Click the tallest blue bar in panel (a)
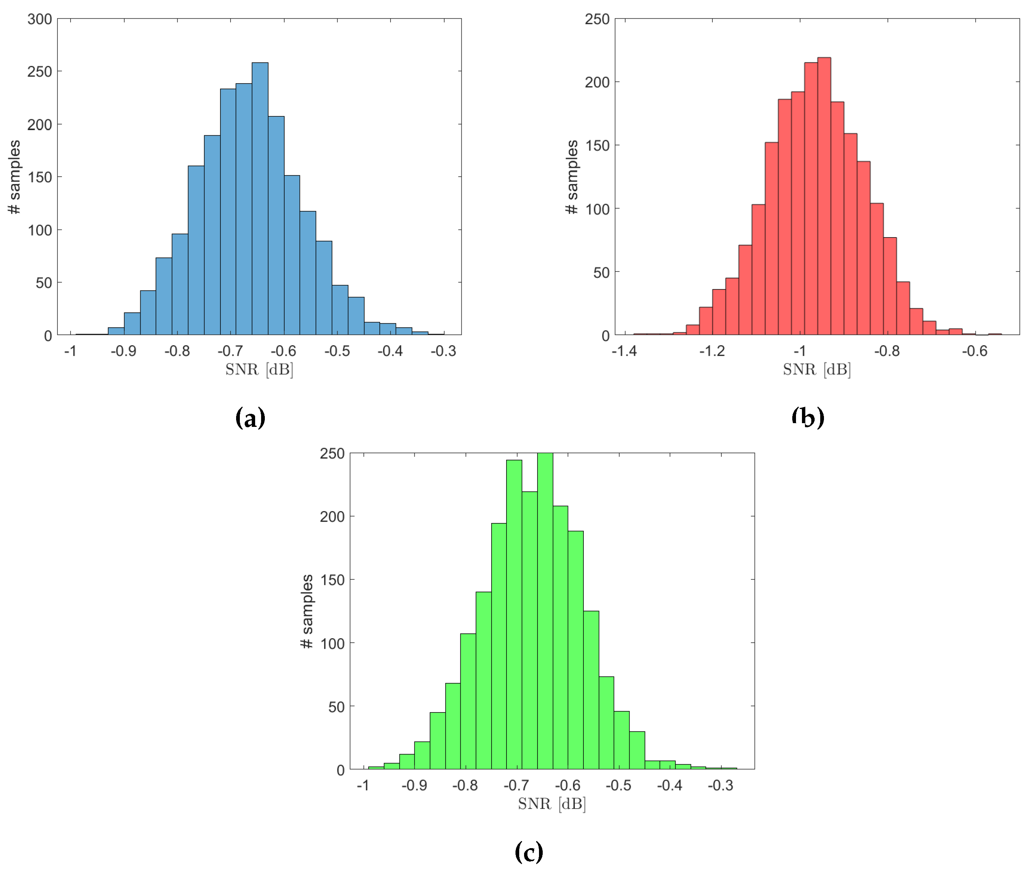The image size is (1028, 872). click(260, 198)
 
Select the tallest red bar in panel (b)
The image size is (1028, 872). click(824, 198)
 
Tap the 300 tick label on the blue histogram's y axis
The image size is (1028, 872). click(40, 19)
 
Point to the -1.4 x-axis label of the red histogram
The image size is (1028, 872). click(624, 351)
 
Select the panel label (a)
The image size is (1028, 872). click(250, 418)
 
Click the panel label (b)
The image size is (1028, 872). click(808, 418)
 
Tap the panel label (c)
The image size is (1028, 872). click(529, 851)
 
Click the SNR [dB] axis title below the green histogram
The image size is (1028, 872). click(551, 804)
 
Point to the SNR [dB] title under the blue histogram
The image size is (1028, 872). click(259, 369)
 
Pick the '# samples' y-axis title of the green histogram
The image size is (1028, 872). click(307, 611)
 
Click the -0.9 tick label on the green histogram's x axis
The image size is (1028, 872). click(414, 786)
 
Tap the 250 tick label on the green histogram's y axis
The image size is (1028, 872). click(332, 454)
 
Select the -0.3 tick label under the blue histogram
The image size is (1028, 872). click(443, 351)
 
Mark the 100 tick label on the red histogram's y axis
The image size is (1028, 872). click(597, 209)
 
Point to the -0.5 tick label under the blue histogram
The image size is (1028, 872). click(337, 351)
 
